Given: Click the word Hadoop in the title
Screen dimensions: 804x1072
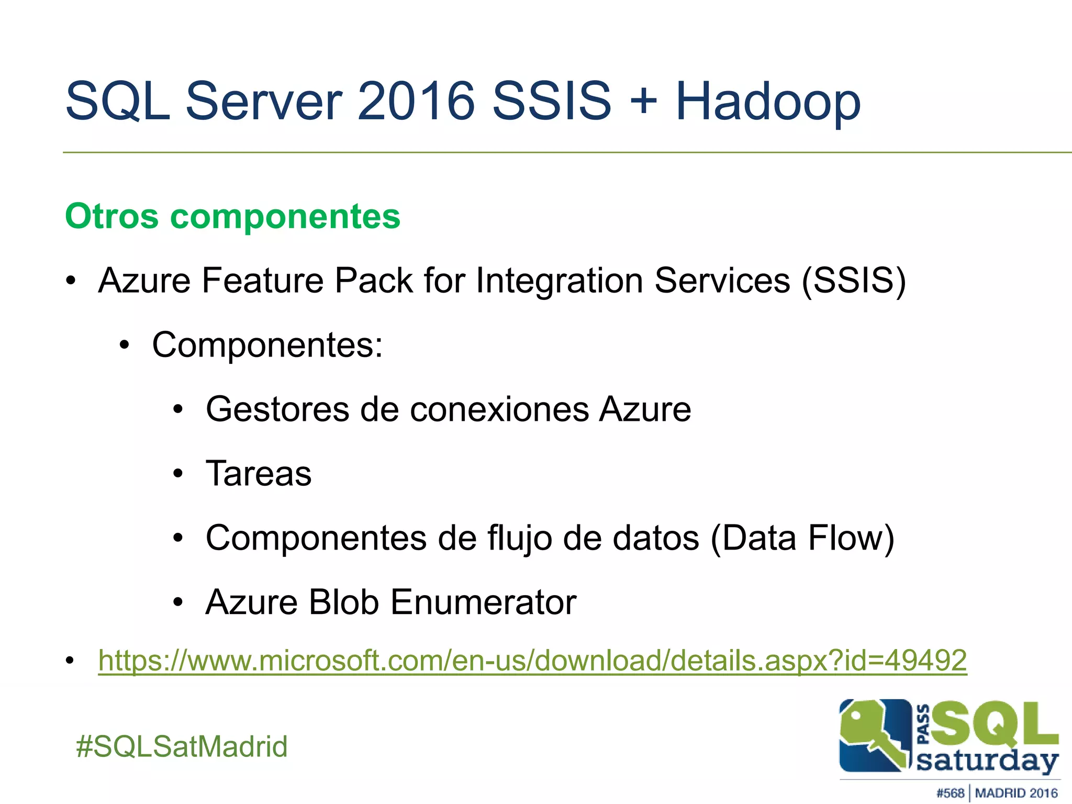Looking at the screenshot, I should coord(767,102).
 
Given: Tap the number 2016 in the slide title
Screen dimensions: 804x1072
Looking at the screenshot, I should coord(416,101).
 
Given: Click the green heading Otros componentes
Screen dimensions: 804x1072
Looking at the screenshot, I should coord(232,216).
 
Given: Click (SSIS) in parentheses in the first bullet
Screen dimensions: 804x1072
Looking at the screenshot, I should coord(854,281).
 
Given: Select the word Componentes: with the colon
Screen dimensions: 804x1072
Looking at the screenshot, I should coord(267,345).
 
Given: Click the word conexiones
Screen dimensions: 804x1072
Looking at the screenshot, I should coord(499,409).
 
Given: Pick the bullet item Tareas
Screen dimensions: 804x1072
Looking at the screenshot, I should coord(259,474).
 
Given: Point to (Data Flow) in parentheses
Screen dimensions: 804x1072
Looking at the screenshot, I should coord(802,538).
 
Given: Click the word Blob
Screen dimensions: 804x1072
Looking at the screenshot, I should coord(343,602).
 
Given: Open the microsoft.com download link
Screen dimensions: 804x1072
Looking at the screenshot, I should coord(532,661).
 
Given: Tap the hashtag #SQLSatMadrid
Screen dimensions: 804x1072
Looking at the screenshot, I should coord(182,746).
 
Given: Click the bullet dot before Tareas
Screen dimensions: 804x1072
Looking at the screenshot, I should coord(178,474).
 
